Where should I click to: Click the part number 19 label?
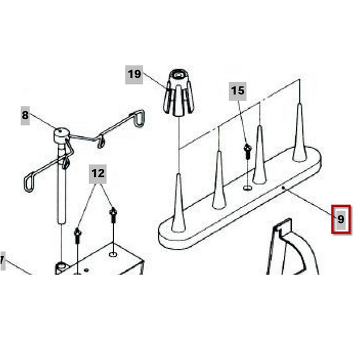coord(134,75)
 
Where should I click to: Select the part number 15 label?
coord(238,91)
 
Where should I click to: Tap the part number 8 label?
coord(25,116)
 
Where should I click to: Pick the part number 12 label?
coord(98,174)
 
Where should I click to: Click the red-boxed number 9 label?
coord(341,220)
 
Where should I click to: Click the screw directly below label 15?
coord(248,151)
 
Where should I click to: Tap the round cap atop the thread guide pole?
coord(62,135)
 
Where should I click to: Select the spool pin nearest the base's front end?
coord(178,203)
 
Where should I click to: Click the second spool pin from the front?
coord(219,180)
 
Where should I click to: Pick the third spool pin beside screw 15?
coord(259,154)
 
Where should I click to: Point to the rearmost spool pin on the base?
coord(300,133)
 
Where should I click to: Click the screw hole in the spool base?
coord(247,188)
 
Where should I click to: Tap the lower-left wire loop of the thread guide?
coord(29,182)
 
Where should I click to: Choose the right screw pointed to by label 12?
coord(113,214)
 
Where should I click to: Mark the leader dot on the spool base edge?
coord(283,188)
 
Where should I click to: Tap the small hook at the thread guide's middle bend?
coord(101,142)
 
